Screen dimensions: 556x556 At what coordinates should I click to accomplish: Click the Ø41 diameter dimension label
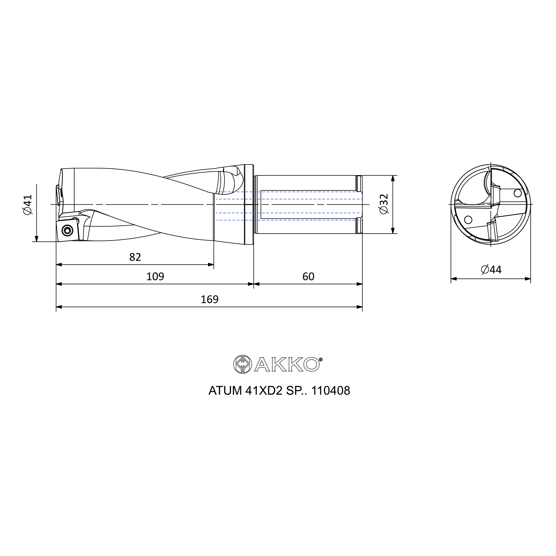(28, 204)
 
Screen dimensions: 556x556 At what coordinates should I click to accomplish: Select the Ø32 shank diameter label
(384, 204)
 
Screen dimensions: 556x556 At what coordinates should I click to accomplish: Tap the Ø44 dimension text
(491, 270)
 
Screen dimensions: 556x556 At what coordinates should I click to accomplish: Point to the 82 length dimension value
(135, 257)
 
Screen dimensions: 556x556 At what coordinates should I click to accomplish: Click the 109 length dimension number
(155, 277)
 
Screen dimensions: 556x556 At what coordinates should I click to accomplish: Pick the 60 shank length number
(308, 277)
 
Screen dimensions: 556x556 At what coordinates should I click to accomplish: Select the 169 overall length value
(210, 300)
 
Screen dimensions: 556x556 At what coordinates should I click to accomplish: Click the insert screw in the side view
(68, 230)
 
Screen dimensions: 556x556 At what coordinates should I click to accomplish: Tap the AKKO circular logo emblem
(243, 364)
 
